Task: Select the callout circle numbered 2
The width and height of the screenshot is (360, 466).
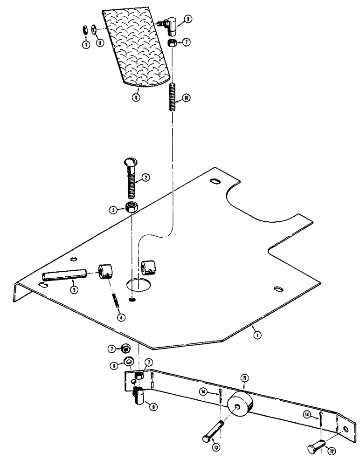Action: (145, 177)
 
